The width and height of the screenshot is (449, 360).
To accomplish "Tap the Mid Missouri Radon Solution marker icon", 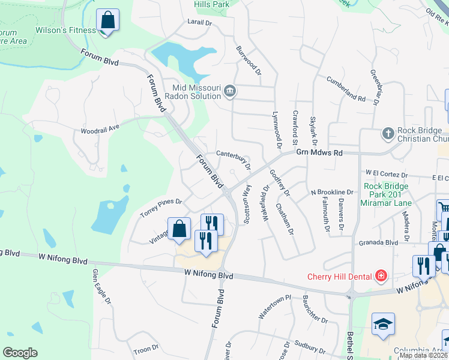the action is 229,92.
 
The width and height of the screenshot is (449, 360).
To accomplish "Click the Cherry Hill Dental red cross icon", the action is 380,276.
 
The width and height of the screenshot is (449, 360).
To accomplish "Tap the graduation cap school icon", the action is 383,325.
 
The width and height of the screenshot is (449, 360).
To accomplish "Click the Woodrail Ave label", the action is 100,128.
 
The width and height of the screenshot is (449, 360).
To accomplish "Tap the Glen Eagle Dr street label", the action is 101,287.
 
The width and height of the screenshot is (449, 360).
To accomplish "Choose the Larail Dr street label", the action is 200,23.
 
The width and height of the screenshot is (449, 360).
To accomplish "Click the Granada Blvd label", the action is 379,242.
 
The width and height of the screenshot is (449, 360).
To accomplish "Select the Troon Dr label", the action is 145,347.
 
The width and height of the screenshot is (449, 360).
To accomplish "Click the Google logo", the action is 20,352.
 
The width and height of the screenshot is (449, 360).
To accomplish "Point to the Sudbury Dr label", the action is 309,347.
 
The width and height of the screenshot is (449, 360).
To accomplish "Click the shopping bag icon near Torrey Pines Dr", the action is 179,229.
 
